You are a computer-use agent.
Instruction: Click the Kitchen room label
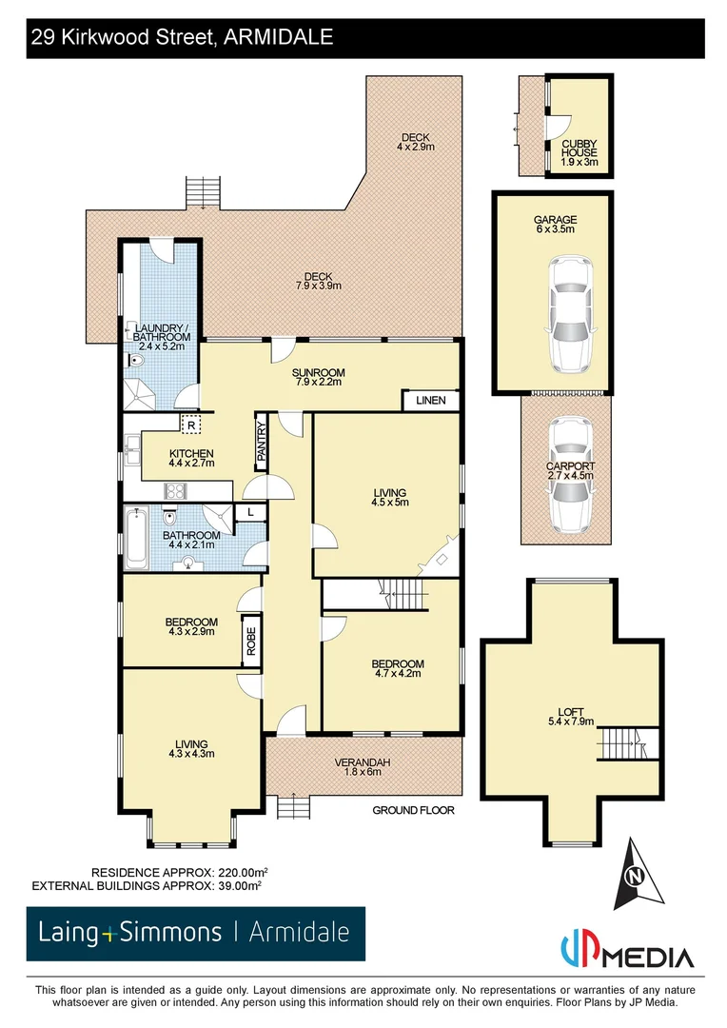pos(191,453)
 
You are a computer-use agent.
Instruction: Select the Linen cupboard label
pos(430,401)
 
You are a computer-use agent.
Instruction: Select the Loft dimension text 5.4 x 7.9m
pos(572,722)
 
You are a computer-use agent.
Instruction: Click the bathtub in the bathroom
pos(136,539)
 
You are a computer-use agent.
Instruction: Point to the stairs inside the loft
pos(627,742)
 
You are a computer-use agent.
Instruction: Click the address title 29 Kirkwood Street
pos(181,38)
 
